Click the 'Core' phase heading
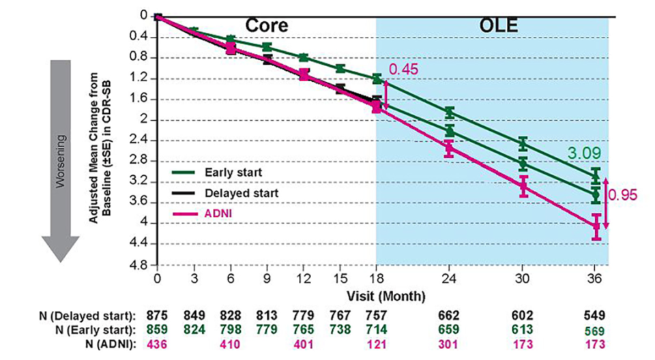[267, 25]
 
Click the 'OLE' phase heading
[497, 26]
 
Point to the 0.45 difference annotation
[403, 69]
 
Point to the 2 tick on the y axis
[144, 120]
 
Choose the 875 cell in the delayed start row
[158, 316]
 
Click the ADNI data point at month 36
[596, 226]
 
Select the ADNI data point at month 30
[523, 185]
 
